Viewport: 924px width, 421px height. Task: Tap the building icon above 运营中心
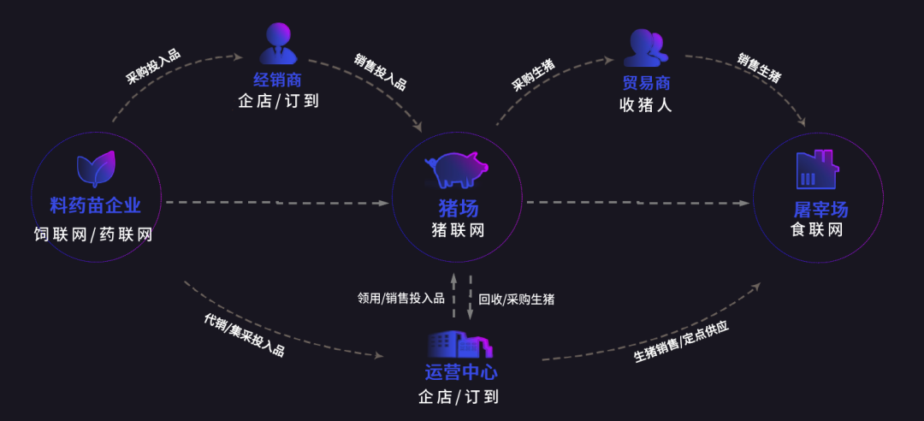[460, 344]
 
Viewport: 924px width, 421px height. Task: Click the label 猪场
[458, 208]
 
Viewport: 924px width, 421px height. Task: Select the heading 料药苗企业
[95, 205]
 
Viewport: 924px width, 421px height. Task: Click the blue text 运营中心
[460, 373]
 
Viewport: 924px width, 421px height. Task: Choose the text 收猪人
[646, 105]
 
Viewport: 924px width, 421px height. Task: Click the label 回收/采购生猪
[516, 299]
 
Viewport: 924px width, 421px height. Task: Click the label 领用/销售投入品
[401, 299]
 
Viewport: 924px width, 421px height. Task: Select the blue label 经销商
[278, 80]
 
